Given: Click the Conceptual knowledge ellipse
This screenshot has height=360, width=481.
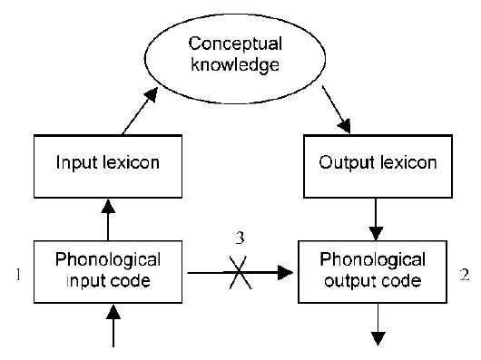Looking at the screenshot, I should point(236,54).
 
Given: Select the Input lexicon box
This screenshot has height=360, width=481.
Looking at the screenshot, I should point(109,164).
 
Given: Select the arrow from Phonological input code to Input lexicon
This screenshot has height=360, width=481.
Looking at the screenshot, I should point(108,218).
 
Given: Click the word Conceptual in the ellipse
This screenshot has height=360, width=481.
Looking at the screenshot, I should point(235,42).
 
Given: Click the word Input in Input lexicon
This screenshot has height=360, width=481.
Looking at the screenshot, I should point(74,164).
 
